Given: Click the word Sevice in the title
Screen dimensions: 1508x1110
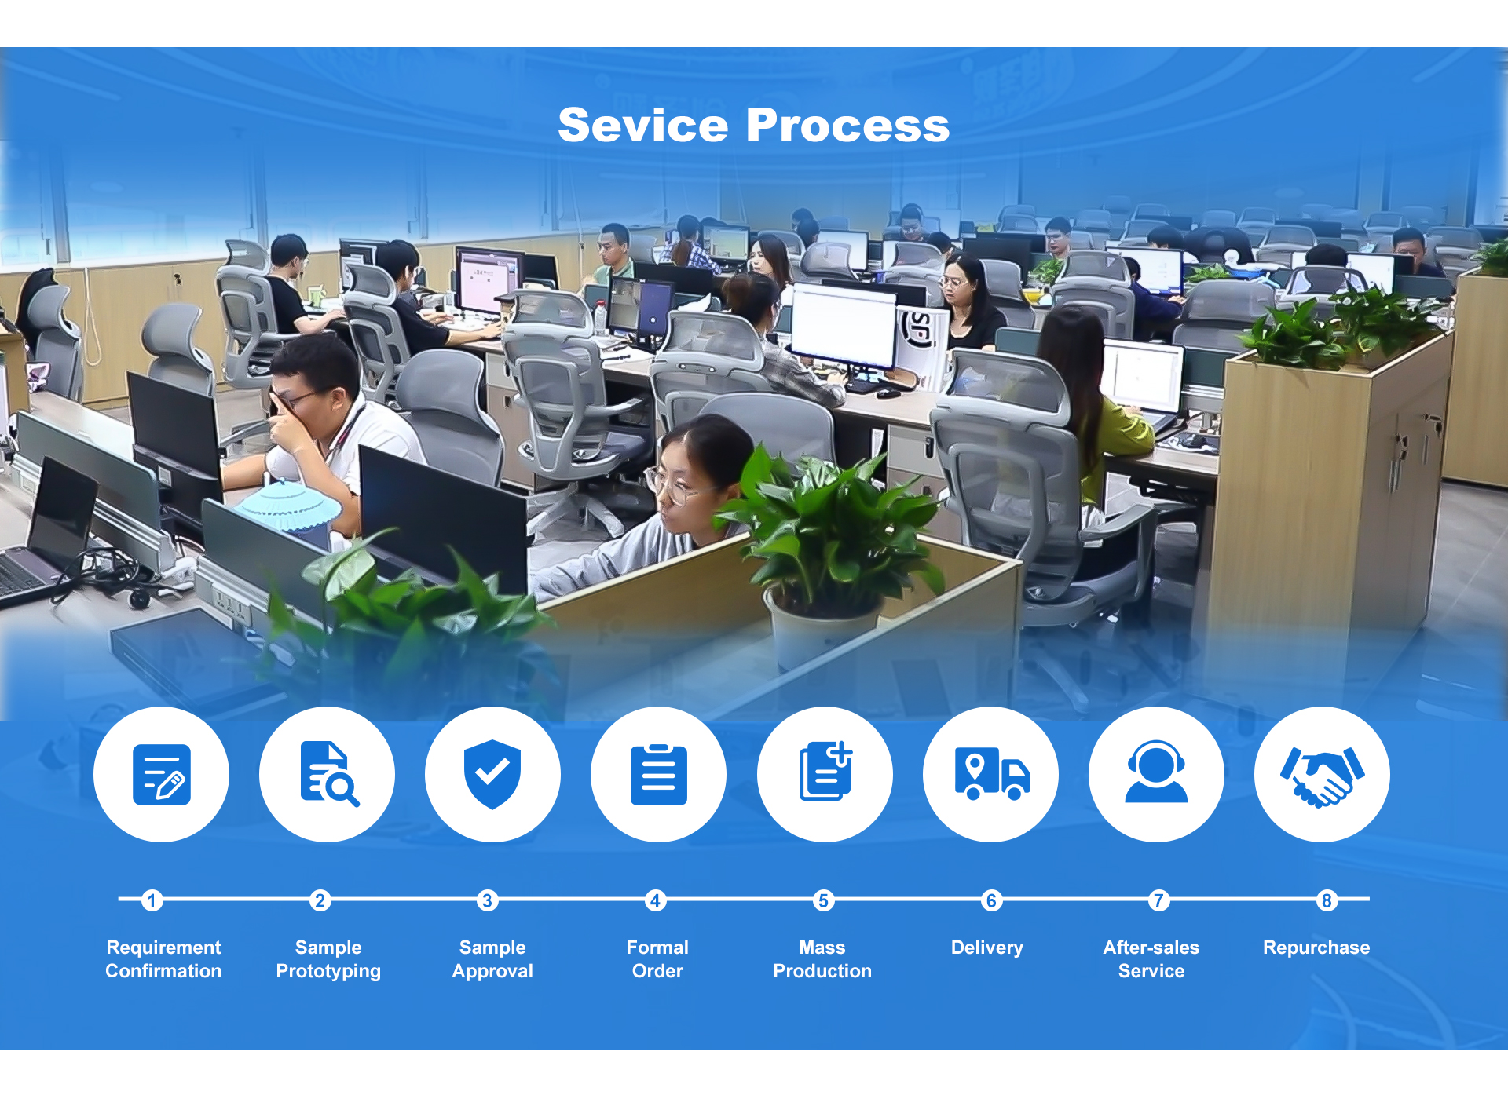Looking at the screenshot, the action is pyautogui.click(x=643, y=125).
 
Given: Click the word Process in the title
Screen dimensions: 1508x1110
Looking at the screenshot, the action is pyautogui.click(x=848, y=125).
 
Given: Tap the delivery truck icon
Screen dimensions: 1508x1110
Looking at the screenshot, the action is pyautogui.click(x=992, y=774).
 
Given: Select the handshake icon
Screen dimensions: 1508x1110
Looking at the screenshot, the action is pyautogui.click(x=1323, y=776).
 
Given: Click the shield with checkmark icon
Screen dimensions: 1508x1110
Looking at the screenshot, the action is pyautogui.click(x=492, y=774).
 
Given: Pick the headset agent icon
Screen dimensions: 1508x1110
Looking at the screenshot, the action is pyautogui.click(x=1156, y=772).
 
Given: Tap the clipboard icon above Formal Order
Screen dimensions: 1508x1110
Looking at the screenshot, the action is pyautogui.click(x=659, y=775).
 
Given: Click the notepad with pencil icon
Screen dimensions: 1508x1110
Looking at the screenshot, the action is pyautogui.click(x=162, y=775).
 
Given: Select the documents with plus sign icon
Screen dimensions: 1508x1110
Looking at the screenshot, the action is pyautogui.click(x=825, y=771).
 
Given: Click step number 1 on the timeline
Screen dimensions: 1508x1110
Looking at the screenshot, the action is pyautogui.click(x=152, y=900).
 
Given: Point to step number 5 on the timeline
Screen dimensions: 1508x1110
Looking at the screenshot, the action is pyautogui.click(x=823, y=900).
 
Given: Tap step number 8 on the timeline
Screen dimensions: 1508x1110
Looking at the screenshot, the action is pyautogui.click(x=1327, y=900).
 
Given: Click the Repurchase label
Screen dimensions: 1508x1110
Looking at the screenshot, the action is pyautogui.click(x=1316, y=948).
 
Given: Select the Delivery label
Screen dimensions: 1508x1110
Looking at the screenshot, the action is pyautogui.click(x=987, y=948).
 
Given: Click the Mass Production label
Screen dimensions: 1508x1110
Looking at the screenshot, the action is pyautogui.click(x=822, y=959).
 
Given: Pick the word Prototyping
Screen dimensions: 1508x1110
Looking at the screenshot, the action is pyautogui.click(x=328, y=972).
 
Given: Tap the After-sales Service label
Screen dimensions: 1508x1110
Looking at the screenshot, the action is pyautogui.click(x=1151, y=959).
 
